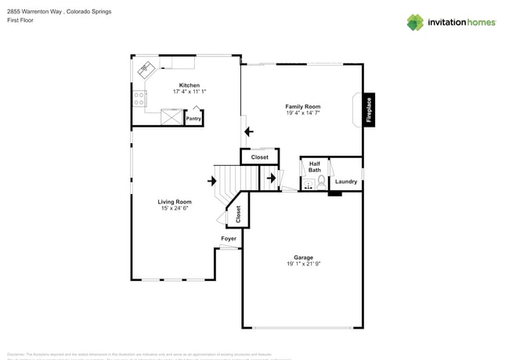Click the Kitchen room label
[189, 85]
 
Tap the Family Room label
[302, 106]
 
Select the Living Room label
[175, 202]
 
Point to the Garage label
[303, 257]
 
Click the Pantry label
[193, 119]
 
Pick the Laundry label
[345, 182]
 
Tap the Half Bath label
[314, 167]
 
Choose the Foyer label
[228, 239]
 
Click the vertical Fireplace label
[370, 110]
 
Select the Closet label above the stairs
[259, 157]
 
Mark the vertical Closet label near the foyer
[238, 214]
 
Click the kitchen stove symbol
[139, 99]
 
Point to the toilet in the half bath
[321, 181]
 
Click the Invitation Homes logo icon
[415, 22]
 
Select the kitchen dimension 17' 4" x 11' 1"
[189, 92]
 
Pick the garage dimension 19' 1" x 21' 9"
[303, 265]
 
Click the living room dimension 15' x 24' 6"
[175, 209]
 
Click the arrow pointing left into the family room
[248, 131]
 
